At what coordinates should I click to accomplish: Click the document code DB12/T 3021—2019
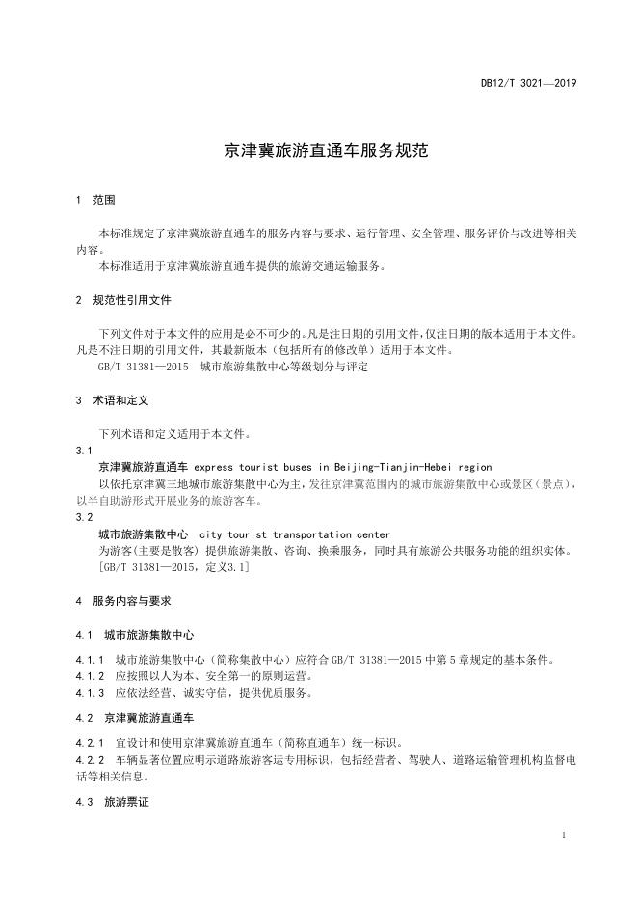coord(528,83)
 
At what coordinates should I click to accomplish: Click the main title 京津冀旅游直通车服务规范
coord(319,150)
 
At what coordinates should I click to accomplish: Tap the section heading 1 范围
coord(95,200)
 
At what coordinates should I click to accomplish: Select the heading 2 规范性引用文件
coord(123,300)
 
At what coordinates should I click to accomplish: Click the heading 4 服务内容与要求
coord(123,600)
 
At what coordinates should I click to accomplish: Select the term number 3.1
coord(84,451)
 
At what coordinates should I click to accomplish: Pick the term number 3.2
coord(84,518)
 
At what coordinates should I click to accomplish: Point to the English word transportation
coord(314,534)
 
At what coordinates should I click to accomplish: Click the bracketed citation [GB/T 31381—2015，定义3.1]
coord(174,567)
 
